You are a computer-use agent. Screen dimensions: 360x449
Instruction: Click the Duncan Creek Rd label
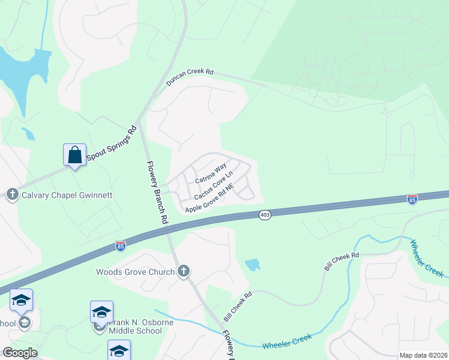tap(190, 76)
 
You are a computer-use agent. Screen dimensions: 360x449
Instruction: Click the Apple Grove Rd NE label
tap(208, 200)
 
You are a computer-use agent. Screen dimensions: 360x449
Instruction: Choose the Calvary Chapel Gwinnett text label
tap(67, 195)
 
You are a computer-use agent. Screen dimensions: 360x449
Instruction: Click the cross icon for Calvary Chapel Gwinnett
tap(12, 194)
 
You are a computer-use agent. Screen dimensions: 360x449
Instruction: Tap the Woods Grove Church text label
tap(136, 272)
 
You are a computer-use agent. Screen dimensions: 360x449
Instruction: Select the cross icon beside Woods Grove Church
tap(184, 272)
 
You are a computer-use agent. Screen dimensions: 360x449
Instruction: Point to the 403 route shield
tap(265, 214)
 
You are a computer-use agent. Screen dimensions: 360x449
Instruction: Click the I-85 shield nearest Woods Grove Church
tap(121, 245)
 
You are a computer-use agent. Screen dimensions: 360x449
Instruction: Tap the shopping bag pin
tap(74, 155)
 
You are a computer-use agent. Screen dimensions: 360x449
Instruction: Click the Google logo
tap(20, 353)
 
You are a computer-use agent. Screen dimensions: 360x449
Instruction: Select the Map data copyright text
tap(423, 355)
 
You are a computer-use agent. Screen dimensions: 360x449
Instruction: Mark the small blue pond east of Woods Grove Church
tap(253, 264)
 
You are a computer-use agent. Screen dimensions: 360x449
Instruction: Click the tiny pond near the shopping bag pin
tap(28, 134)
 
